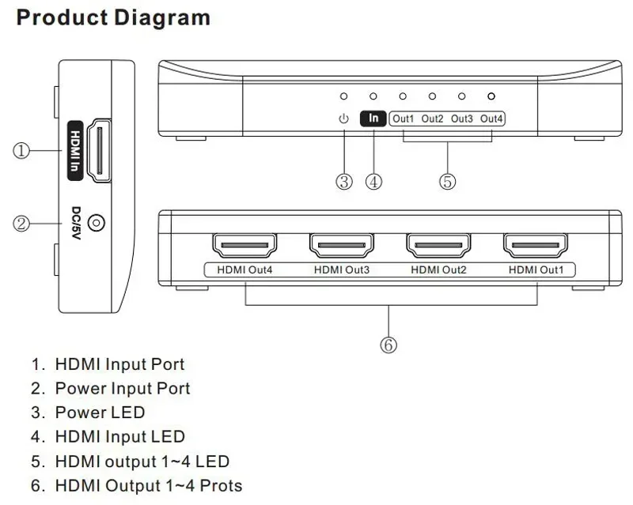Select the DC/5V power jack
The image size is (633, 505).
(x=96, y=224)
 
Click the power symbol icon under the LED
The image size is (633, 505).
(x=343, y=119)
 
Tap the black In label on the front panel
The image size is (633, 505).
(x=373, y=119)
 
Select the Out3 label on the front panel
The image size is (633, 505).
(x=462, y=119)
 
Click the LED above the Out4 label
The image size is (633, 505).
(x=491, y=96)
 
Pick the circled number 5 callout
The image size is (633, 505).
(x=447, y=181)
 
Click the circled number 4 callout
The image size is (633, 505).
(x=373, y=181)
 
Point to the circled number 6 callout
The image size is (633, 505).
(x=389, y=345)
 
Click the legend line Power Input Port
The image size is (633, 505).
(x=122, y=388)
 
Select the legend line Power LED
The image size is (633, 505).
(x=100, y=413)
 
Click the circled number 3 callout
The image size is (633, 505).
(x=343, y=181)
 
